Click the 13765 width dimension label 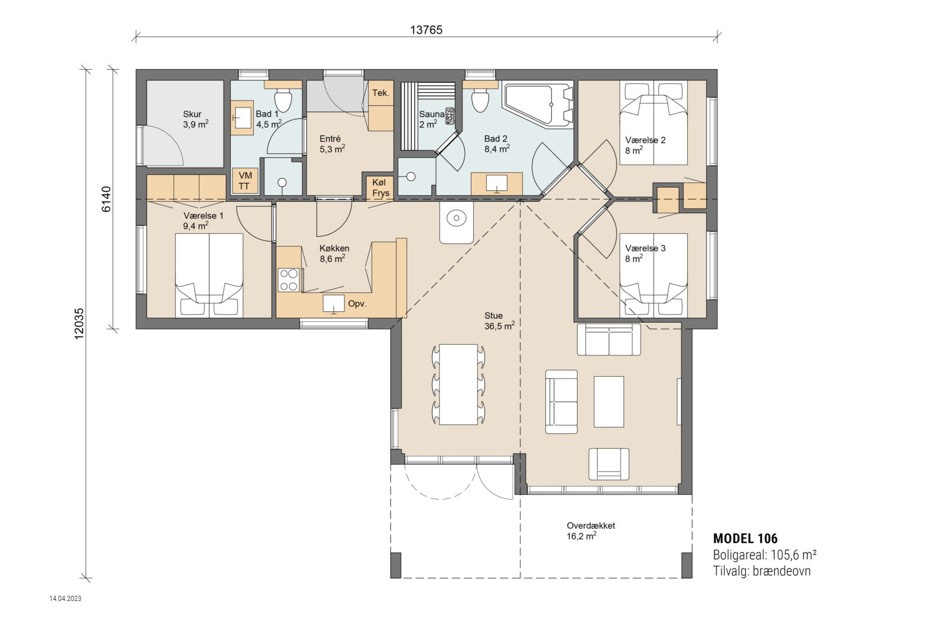(426, 30)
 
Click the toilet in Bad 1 (284, 100)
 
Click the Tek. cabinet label (381, 93)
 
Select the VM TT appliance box (244, 181)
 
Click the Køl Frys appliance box (381, 188)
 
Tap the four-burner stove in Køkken (289, 280)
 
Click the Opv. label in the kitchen (357, 303)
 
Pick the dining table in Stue (458, 384)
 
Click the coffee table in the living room (608, 401)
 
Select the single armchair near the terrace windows (608, 463)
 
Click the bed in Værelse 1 (209, 275)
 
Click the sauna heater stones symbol (450, 116)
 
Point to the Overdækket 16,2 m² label (590, 531)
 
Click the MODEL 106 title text (745, 538)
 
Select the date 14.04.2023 (65, 598)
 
